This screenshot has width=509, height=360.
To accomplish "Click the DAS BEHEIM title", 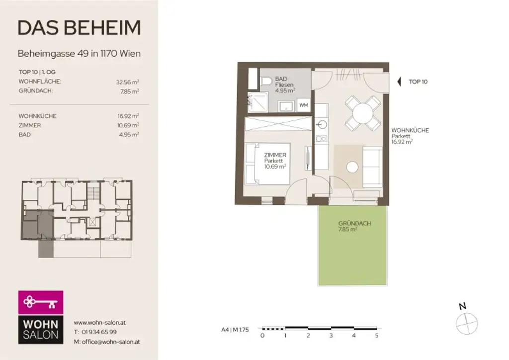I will (x=79, y=28).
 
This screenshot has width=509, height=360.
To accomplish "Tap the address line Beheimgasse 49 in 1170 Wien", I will (x=79, y=53).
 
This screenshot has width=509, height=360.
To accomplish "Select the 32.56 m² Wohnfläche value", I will (x=127, y=82).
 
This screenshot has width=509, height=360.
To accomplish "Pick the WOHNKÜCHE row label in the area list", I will (x=37, y=116).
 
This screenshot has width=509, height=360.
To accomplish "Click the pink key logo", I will (x=41, y=302).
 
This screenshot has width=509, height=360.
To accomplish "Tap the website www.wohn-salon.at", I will (x=99, y=322).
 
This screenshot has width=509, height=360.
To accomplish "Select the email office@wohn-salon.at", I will (x=106, y=342).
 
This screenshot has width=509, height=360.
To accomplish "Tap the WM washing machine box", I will (x=303, y=105).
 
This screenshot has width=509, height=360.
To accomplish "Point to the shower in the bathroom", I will (x=257, y=102).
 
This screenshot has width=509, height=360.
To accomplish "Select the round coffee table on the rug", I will (x=352, y=168).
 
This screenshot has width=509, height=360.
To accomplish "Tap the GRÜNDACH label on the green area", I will (x=354, y=223).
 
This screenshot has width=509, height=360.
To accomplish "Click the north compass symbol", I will (x=467, y=323).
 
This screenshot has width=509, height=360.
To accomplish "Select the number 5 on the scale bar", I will (x=377, y=336).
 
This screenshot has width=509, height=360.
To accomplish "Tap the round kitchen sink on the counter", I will (x=322, y=124).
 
